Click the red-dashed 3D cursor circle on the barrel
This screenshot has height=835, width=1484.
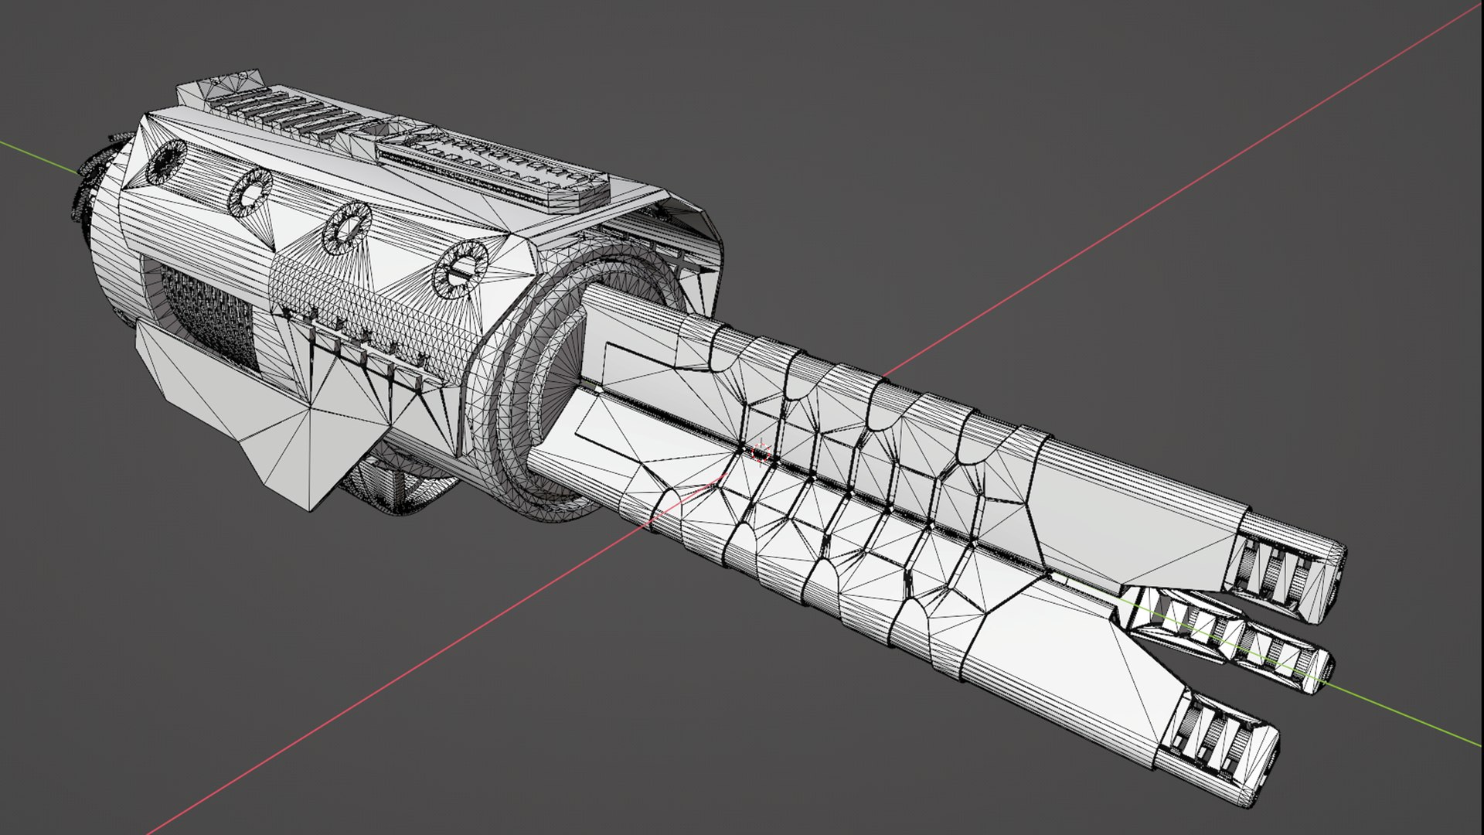click(x=761, y=454)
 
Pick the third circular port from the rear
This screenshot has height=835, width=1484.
click(x=345, y=227)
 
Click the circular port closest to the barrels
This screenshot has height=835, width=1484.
click(x=461, y=268)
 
